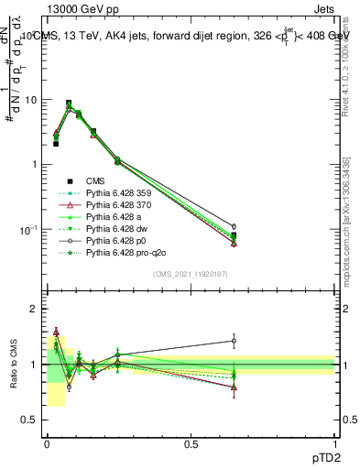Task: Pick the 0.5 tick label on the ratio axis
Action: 29,420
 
